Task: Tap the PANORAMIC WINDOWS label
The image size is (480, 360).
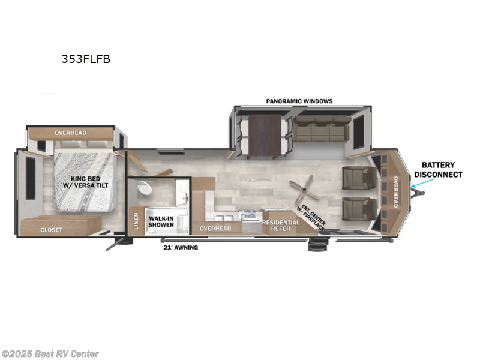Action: point(299,101)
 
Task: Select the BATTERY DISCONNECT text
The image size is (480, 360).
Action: point(442,170)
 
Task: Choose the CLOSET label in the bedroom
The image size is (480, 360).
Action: point(52,229)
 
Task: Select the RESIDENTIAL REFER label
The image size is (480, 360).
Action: point(280,226)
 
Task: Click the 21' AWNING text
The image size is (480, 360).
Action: point(181,247)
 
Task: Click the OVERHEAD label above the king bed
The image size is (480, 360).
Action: point(70,133)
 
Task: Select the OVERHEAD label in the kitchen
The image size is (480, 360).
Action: point(215,229)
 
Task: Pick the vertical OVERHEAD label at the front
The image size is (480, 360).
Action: point(395,192)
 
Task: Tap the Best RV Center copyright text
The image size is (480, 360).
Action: point(50,354)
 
